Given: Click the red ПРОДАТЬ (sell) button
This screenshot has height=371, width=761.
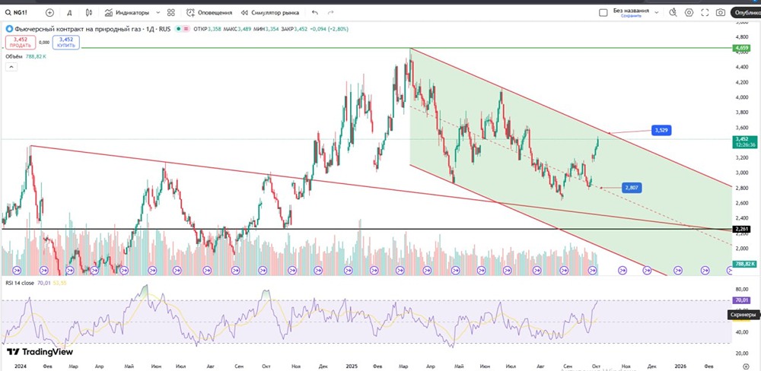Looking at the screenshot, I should [21, 42].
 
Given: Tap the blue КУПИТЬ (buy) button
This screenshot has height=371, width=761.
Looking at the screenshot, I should [66, 42].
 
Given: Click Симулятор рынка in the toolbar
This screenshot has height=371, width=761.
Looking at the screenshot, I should [270, 13].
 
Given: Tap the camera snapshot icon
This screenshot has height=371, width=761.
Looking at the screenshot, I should [720, 13].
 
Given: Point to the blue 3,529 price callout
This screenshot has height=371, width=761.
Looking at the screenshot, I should [661, 131].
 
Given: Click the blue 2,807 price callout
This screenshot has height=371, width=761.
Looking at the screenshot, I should [631, 187].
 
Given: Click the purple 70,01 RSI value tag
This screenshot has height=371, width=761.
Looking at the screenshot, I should [741, 301].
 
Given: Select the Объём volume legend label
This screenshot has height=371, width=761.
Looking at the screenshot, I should [14, 56].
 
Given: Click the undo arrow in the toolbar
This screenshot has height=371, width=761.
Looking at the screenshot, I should [315, 13].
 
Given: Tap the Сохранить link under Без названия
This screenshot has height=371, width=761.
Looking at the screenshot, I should [631, 16].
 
